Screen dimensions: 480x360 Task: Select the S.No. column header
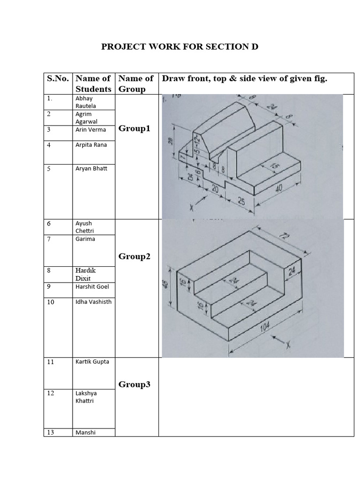click(x=58, y=79)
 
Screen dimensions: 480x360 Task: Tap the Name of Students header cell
click(x=93, y=83)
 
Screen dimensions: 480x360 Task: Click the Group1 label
click(x=135, y=128)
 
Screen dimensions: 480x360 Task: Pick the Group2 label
click(x=135, y=256)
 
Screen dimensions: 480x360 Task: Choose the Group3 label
click(x=135, y=384)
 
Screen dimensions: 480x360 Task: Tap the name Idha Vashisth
click(x=94, y=302)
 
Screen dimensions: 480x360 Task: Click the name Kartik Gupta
click(x=92, y=362)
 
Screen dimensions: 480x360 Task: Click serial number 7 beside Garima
click(x=49, y=239)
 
